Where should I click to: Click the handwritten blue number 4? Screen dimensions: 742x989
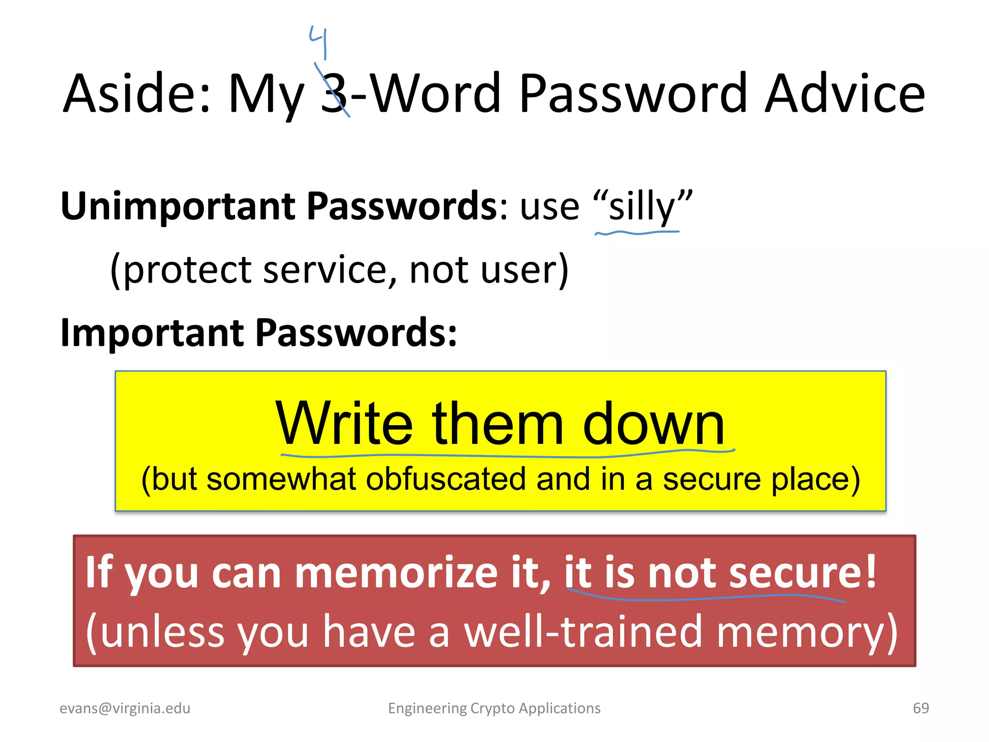319,41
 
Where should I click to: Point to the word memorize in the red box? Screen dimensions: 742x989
396,573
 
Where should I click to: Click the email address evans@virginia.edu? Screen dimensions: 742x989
125,708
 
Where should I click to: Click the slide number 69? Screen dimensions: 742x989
921,708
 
